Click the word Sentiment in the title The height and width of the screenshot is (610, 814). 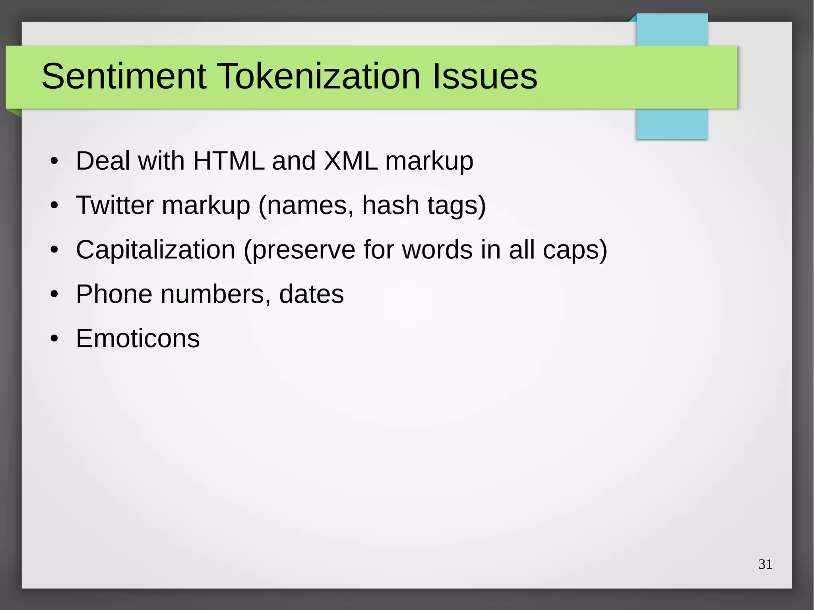coord(124,76)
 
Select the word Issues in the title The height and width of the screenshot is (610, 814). coord(485,76)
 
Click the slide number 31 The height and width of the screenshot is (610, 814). coord(765,564)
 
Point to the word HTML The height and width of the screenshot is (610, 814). coord(229,161)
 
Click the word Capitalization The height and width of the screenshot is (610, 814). coord(155,250)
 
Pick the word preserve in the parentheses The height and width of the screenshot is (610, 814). coord(304,250)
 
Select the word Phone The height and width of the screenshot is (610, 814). coord(114,294)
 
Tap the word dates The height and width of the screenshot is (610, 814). coord(311,294)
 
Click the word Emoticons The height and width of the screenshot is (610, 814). coord(138,339)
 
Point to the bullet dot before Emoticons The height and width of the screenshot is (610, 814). coord(54,339)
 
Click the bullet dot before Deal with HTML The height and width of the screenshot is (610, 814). coord(54,161)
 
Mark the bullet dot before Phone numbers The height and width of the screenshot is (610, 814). coord(54,294)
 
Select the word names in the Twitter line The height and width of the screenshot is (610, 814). coord(306,205)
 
